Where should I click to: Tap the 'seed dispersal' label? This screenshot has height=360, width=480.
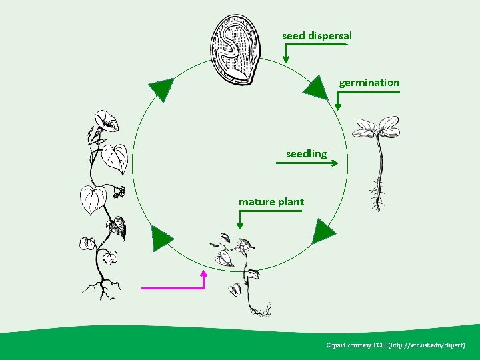click(317, 35)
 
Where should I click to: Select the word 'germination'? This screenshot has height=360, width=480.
click(369, 83)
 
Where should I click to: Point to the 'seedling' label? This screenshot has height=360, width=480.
click(306, 154)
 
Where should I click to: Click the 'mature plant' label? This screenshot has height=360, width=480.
click(271, 201)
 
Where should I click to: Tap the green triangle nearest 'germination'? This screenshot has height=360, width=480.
click(316, 87)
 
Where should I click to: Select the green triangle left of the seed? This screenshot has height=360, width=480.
click(161, 89)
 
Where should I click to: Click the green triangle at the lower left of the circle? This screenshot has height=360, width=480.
click(162, 239)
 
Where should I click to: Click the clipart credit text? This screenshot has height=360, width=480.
click(395, 345)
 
